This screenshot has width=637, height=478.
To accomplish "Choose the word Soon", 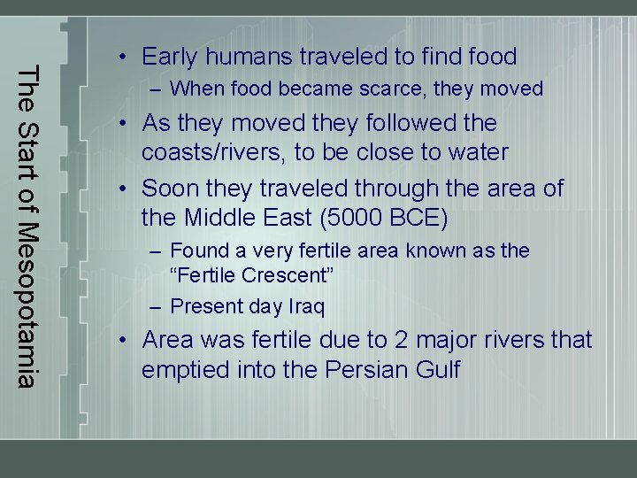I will pyautogui.click(x=171, y=189).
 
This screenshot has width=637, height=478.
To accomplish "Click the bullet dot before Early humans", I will pyautogui.click(x=128, y=58).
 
